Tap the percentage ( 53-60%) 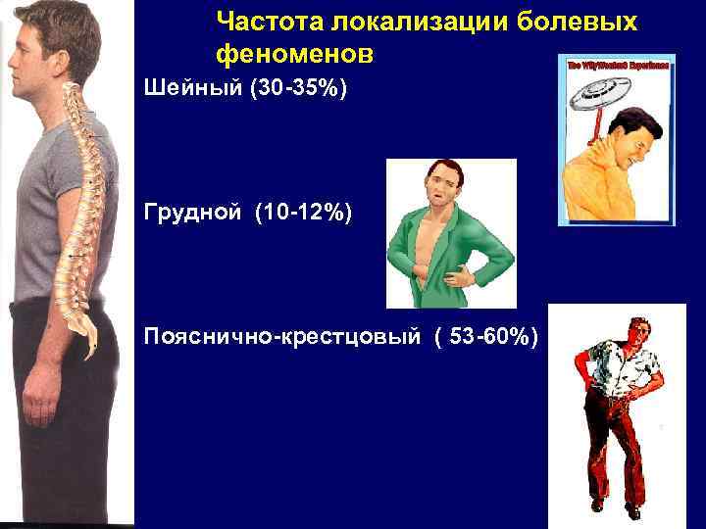pos(484,338)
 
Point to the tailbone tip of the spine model pos(92,352)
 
